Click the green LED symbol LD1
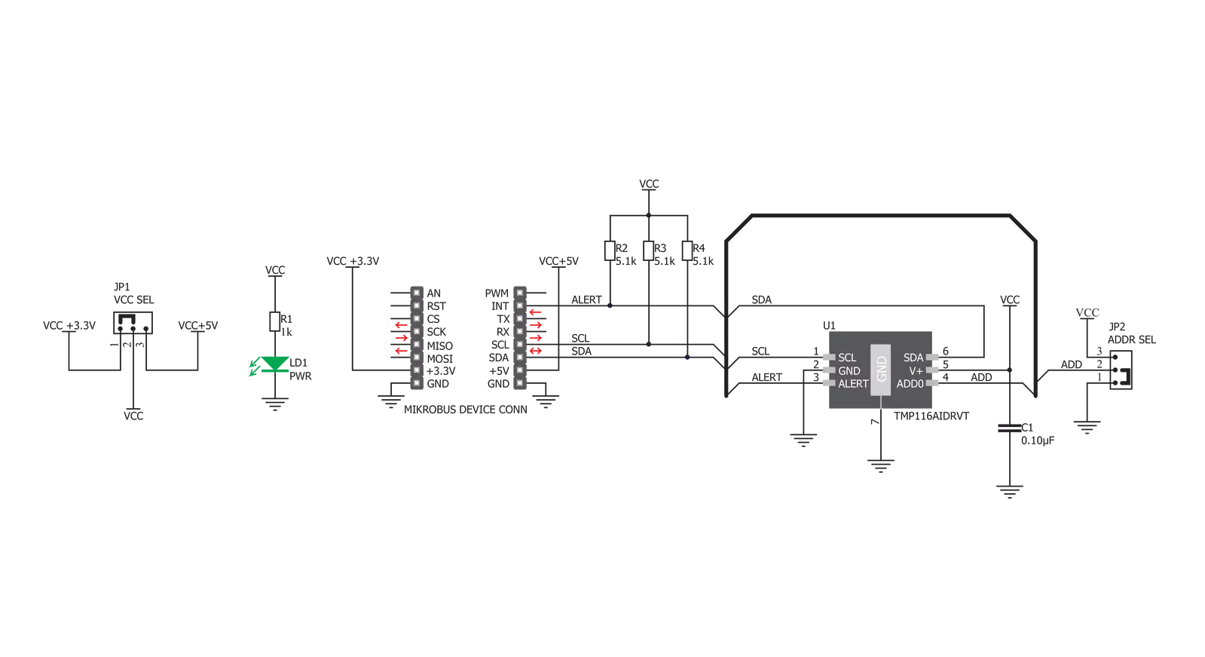[275, 364]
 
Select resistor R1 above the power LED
[275, 321]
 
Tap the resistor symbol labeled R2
[610, 251]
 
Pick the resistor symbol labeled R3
[648, 251]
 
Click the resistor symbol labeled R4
[687, 251]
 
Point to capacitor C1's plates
[1009, 428]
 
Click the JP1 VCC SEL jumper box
[133, 323]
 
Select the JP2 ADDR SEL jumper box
[1121, 370]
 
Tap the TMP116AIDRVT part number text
[931, 416]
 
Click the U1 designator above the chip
[829, 325]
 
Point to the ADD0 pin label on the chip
[910, 384]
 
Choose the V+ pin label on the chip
[916, 371]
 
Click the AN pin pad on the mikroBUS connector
[417, 293]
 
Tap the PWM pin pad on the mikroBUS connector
[520, 293]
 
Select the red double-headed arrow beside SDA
[535, 351]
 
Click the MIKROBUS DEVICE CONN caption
[465, 410]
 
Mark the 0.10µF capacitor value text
[1038, 441]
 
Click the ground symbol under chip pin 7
[881, 466]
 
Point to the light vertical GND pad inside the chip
[881, 370]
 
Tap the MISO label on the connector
[439, 345]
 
